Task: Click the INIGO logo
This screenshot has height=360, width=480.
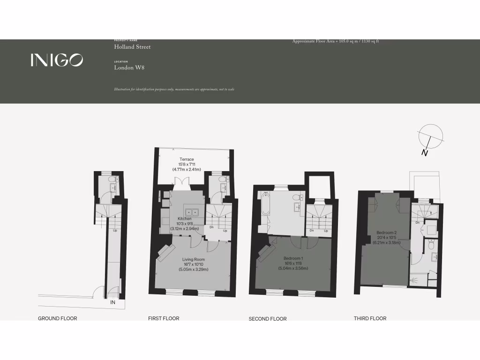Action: click(x=57, y=60)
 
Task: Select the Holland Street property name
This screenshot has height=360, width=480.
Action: click(x=132, y=47)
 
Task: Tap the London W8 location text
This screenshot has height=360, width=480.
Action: click(x=129, y=67)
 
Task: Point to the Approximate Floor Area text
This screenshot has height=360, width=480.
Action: click(x=335, y=41)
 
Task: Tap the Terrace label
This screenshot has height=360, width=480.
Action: click(x=187, y=159)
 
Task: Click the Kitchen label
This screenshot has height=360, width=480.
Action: click(x=184, y=219)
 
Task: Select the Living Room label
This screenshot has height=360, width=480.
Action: click(x=193, y=259)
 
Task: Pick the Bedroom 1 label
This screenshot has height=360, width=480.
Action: click(x=293, y=258)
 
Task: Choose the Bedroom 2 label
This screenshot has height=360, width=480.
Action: click(x=386, y=233)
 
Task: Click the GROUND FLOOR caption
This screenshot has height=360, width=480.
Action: click(x=57, y=319)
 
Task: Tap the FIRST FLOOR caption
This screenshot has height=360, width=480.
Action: click(x=164, y=319)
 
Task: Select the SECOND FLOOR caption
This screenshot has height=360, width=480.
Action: click(x=267, y=319)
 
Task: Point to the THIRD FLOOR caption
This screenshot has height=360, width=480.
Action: click(x=370, y=319)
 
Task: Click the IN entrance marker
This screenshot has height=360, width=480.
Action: click(x=112, y=303)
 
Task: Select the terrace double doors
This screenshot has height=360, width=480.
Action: click(x=180, y=181)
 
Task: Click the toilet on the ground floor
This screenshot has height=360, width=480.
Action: click(x=111, y=180)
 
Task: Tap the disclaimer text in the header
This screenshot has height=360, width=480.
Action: click(x=174, y=90)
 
